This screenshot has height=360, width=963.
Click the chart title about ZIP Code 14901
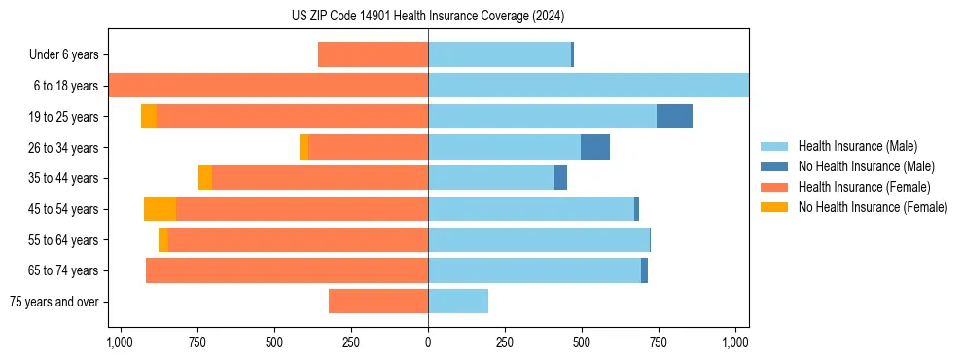click(428, 16)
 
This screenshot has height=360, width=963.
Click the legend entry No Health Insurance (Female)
click(873, 207)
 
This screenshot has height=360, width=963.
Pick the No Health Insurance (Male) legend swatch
click(774, 166)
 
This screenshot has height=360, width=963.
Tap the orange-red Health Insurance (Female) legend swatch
click(774, 187)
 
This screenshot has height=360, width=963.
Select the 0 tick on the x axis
click(428, 342)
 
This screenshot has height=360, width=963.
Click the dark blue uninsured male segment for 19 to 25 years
click(674, 117)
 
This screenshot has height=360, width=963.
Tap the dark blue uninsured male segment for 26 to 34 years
click(594, 147)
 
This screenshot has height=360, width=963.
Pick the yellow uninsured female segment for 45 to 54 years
click(160, 209)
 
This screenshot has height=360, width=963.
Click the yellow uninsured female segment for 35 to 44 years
click(205, 178)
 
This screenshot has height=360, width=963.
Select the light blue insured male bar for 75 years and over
click(458, 302)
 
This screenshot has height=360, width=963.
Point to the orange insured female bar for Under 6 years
click(373, 55)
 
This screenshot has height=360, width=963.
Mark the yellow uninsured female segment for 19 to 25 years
click(149, 117)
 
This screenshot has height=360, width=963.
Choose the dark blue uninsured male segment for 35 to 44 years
click(560, 178)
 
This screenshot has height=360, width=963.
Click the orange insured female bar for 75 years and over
click(378, 302)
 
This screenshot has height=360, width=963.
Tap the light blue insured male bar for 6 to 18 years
click(588, 86)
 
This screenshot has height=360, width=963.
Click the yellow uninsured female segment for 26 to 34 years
click(303, 147)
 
